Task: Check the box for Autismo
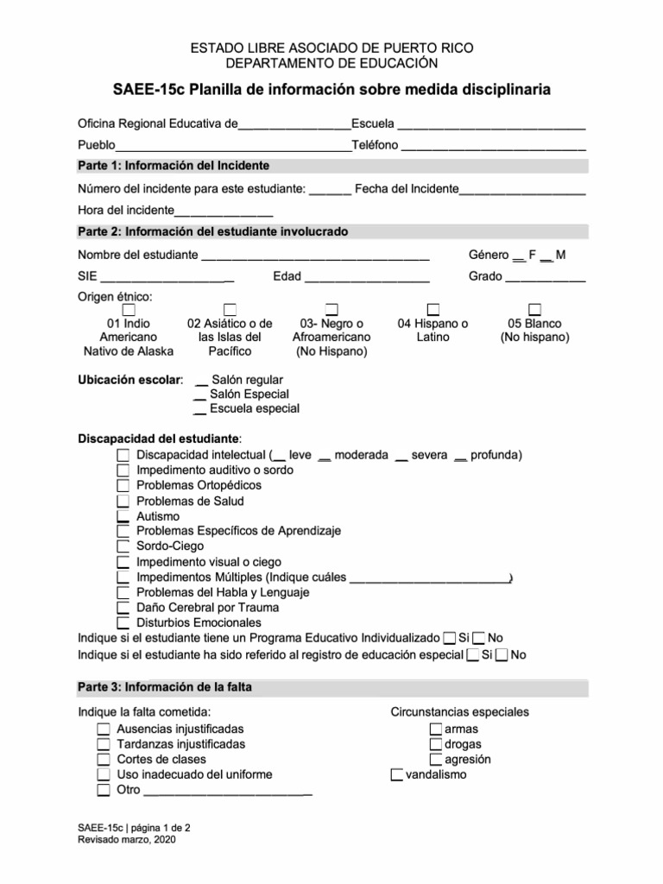(123, 516)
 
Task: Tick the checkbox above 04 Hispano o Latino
(433, 309)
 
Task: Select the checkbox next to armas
(436, 729)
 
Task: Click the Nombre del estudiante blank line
(314, 256)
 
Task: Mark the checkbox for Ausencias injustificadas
(104, 729)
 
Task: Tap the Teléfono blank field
(493, 146)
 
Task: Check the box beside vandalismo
(397, 774)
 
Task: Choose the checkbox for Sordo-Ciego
(123, 546)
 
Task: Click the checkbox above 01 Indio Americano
(129, 309)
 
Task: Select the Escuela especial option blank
(199, 409)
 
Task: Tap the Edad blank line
(366, 278)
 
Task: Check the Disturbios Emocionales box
(123, 622)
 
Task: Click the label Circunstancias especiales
(459, 712)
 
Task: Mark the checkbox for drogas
(436, 744)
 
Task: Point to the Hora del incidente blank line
(224, 211)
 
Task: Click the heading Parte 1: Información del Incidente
(174, 166)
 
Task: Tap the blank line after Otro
(227, 790)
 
